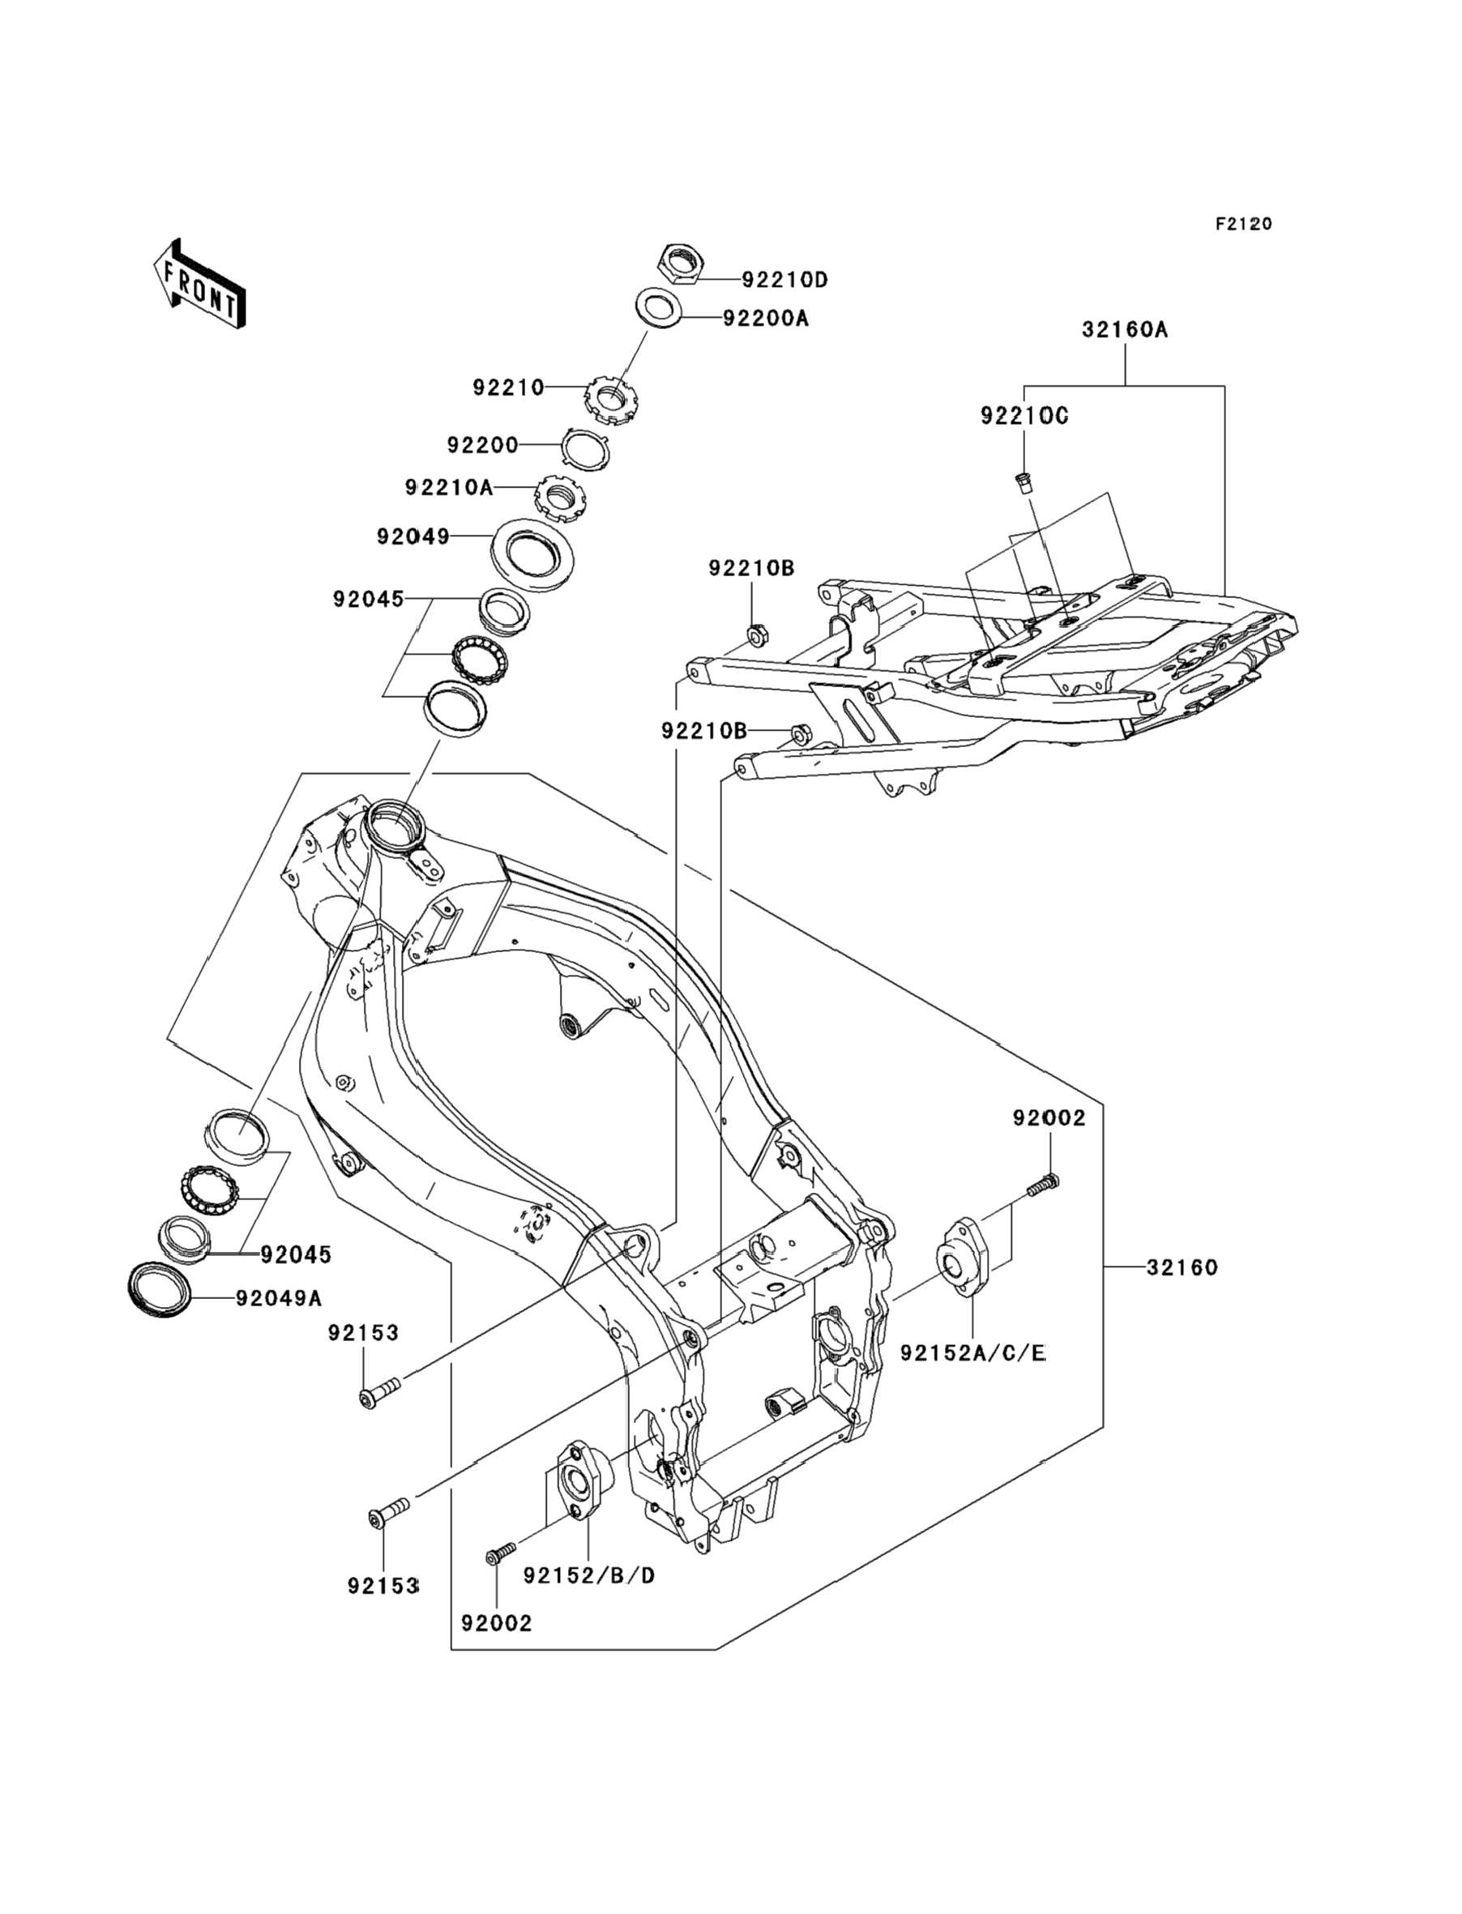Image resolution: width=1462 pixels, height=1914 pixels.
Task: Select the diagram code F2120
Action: coord(1243,224)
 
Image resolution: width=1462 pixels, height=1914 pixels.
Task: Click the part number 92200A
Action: coord(766,319)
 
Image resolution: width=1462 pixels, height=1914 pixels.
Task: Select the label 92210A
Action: coord(449,487)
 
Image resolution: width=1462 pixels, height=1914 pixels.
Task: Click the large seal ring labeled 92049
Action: coord(533,556)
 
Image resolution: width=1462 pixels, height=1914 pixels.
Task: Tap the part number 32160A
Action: coord(1125,330)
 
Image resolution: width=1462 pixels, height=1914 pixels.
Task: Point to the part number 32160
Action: coord(1182,1267)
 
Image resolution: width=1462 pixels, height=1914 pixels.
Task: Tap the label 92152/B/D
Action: coord(588,1575)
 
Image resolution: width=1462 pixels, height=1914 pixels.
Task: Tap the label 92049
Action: coord(413,536)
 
